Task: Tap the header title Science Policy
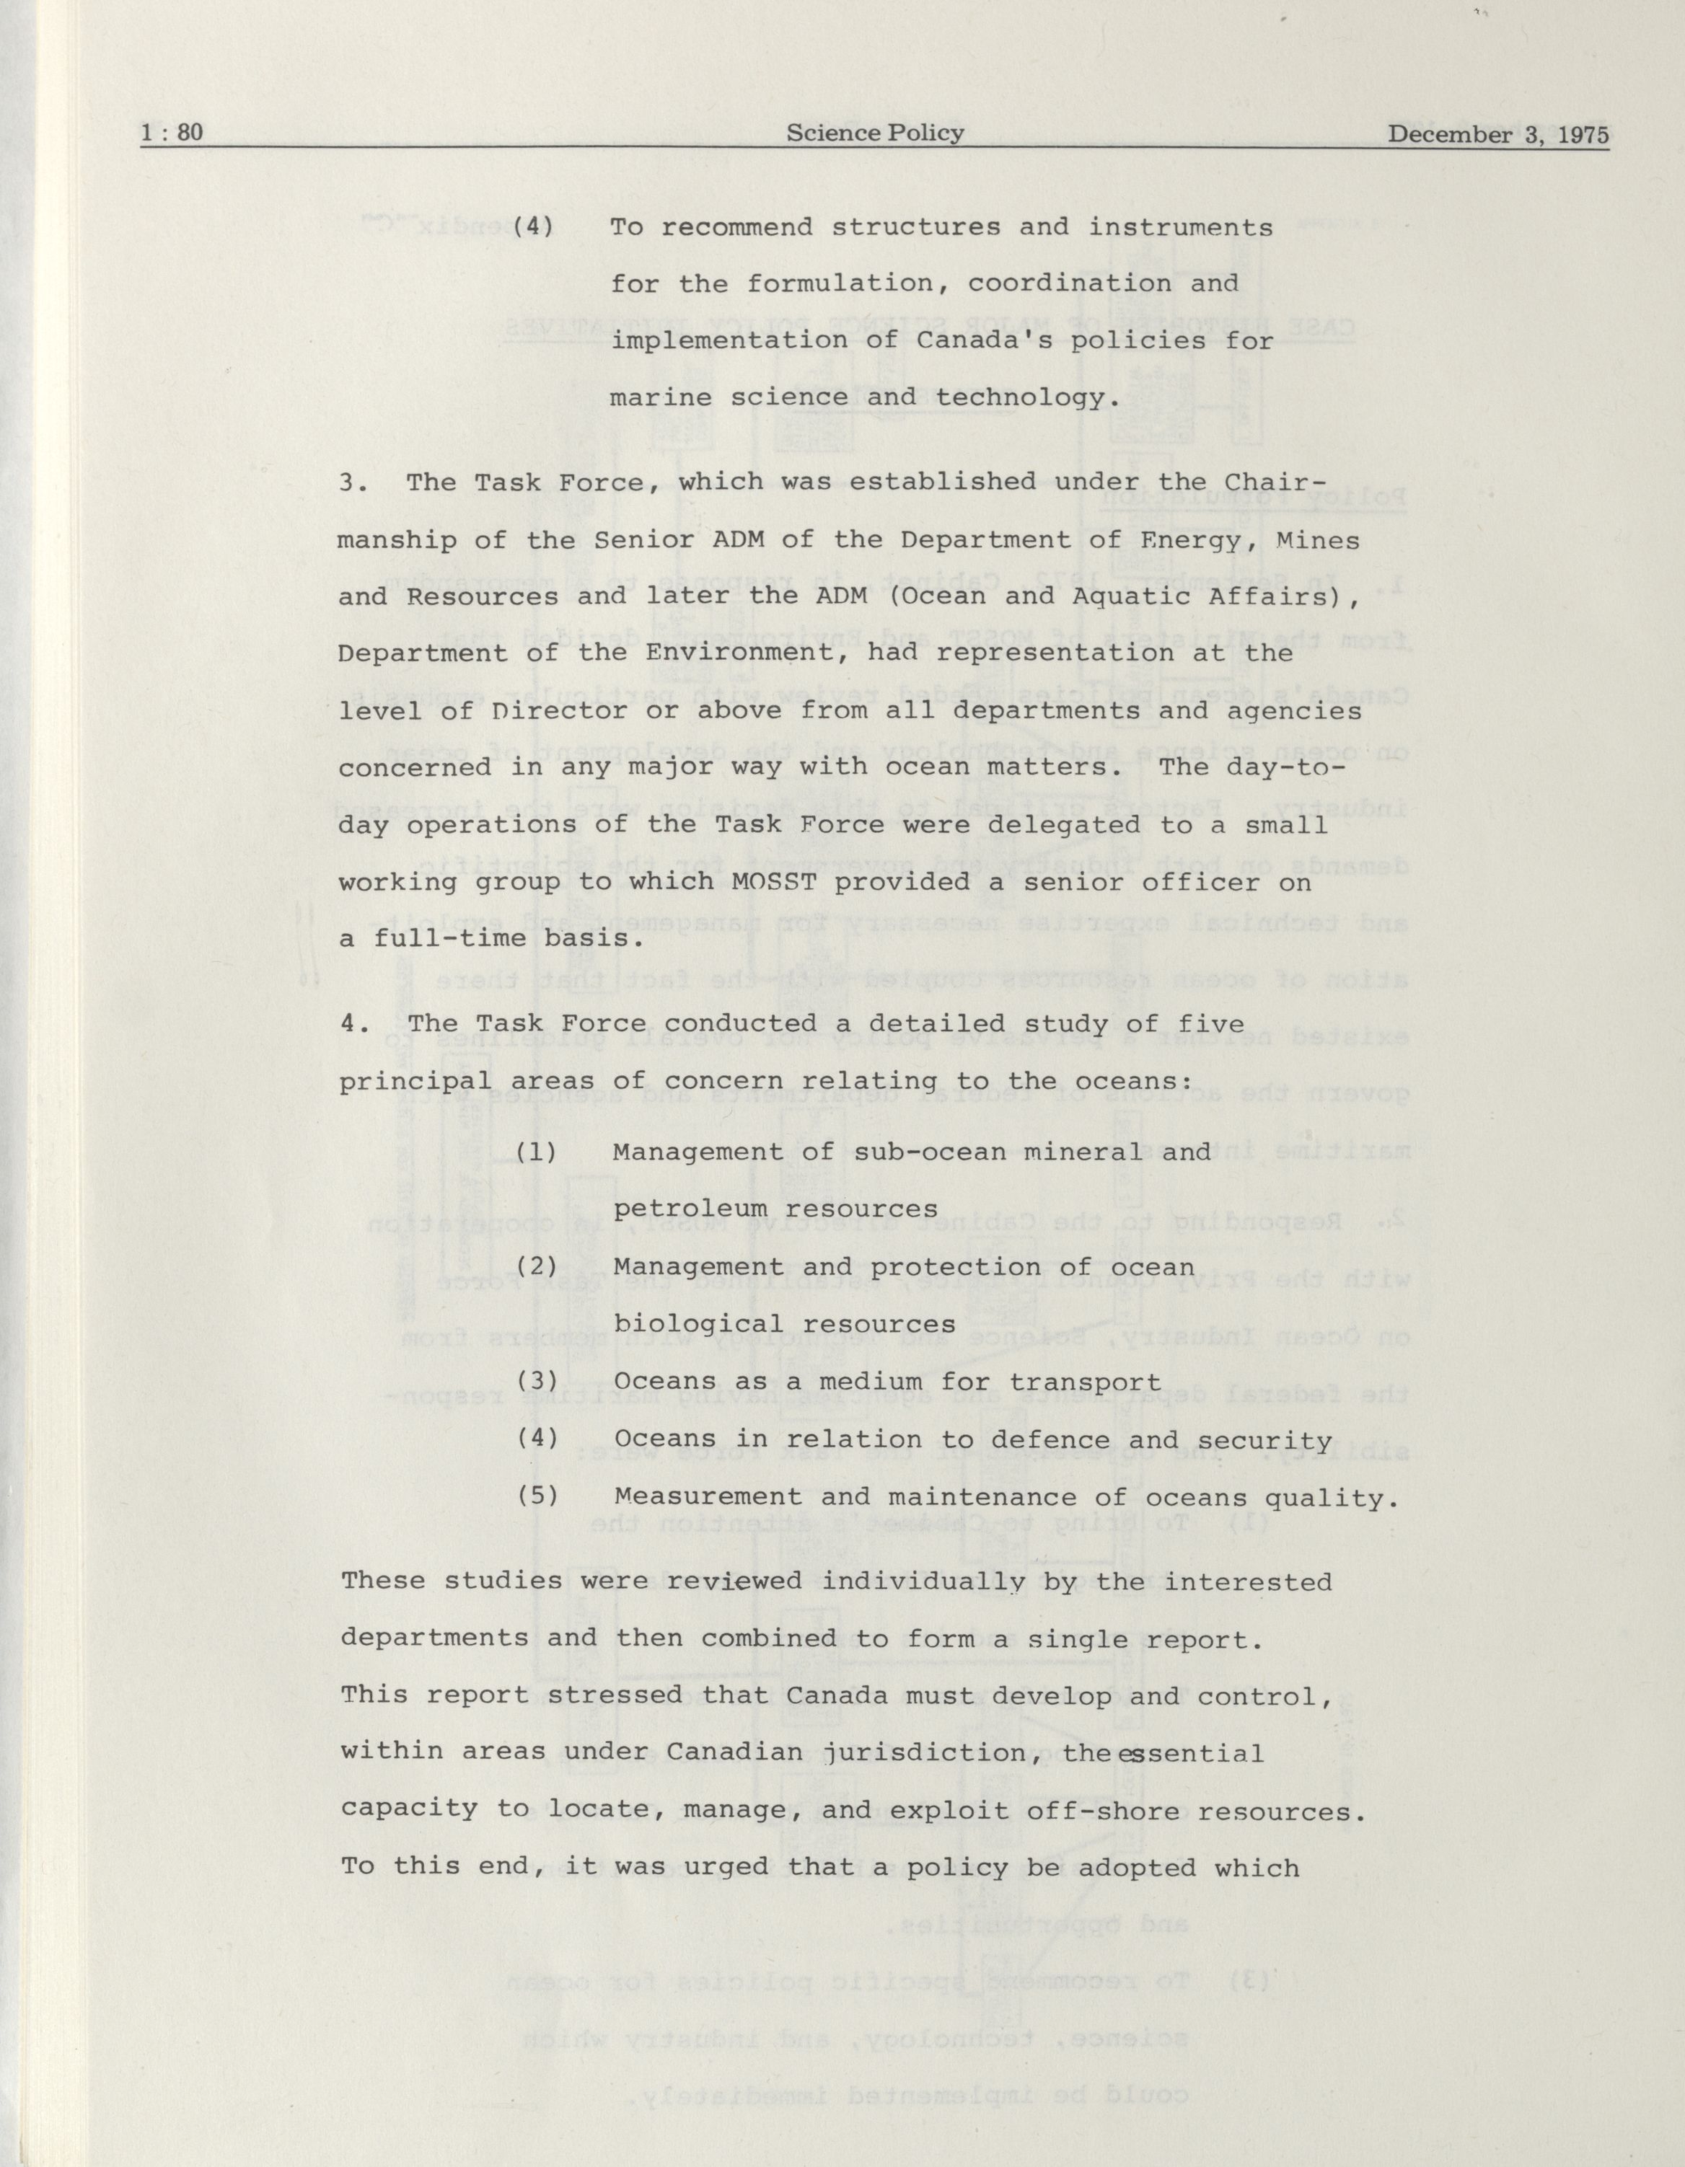coord(874,133)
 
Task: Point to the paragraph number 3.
coord(349,483)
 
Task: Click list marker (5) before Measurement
coord(538,1496)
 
